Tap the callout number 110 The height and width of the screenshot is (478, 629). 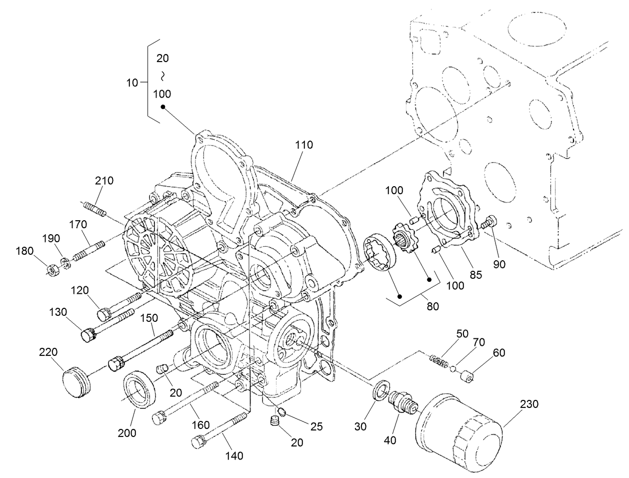(x=304, y=145)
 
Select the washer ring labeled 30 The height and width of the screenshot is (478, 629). (x=381, y=390)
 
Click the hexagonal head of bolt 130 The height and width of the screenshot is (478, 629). (x=88, y=333)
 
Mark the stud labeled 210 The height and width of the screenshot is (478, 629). (x=93, y=208)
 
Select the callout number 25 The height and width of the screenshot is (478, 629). (x=315, y=426)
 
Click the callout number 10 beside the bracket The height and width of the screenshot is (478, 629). (x=132, y=83)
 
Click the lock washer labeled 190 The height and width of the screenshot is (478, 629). (x=65, y=262)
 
